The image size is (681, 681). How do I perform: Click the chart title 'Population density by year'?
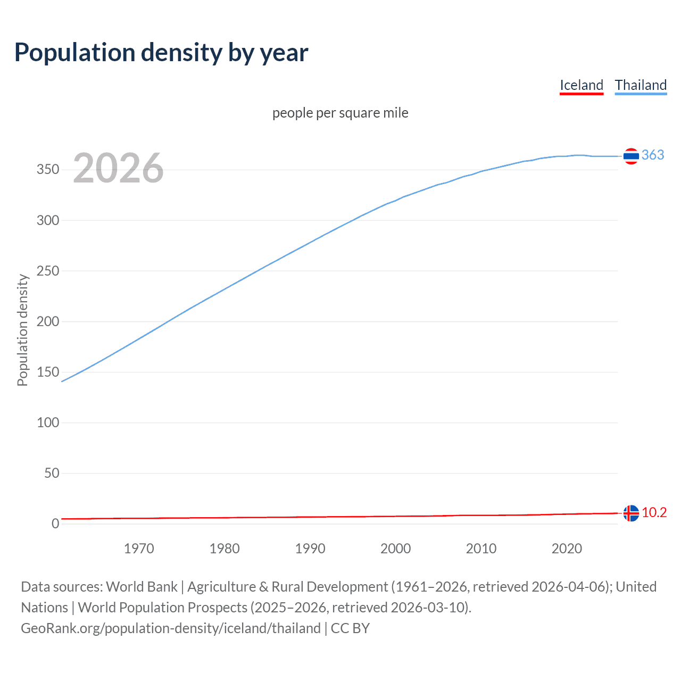coord(161,53)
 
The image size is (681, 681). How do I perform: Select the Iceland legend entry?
coord(582,85)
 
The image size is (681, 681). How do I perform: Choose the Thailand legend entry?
coord(641,85)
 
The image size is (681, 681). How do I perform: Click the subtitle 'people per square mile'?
coord(340,113)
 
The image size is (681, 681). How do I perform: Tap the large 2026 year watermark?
coord(118,168)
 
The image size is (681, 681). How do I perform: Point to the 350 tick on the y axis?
coord(48,170)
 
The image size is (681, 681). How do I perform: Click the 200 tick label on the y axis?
coord(48,321)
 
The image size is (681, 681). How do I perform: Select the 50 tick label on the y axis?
coord(52,473)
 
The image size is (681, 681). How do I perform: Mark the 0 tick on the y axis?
coord(55,524)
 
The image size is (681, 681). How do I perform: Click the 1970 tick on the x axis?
coord(139,549)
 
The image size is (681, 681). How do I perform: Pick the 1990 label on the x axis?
coord(310,549)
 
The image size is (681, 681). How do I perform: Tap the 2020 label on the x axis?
coord(567,549)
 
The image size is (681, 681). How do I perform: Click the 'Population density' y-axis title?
coord(22,330)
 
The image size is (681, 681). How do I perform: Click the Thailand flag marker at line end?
coord(631,156)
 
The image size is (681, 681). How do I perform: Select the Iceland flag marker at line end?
coord(631,513)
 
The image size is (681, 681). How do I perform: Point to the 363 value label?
coord(653,155)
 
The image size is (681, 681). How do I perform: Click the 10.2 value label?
coord(654,512)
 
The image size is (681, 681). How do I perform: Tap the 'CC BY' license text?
coord(350,628)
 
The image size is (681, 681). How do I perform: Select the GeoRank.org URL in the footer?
coord(171,628)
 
